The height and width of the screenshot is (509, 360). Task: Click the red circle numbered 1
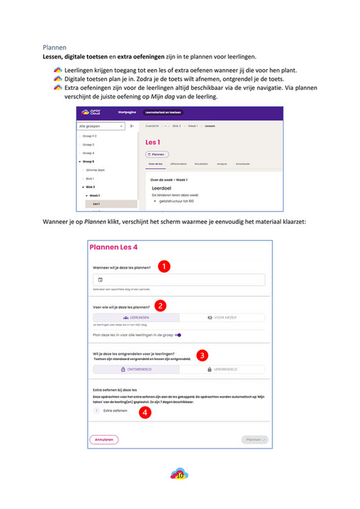tap(163, 267)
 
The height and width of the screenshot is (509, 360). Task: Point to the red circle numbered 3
tap(202, 354)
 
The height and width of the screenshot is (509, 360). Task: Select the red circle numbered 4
tap(145, 411)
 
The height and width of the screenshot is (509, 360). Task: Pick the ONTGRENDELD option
tap(135, 369)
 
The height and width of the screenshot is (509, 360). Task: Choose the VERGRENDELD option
tap(222, 369)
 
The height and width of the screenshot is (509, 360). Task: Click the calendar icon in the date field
tap(100, 280)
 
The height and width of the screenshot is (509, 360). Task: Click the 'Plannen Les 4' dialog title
tap(114, 247)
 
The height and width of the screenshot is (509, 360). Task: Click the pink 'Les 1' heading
tap(153, 142)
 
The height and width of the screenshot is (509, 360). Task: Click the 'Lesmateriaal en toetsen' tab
tap(163, 113)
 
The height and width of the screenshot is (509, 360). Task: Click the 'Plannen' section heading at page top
tap(55, 47)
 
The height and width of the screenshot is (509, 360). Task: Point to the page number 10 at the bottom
tap(180, 474)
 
